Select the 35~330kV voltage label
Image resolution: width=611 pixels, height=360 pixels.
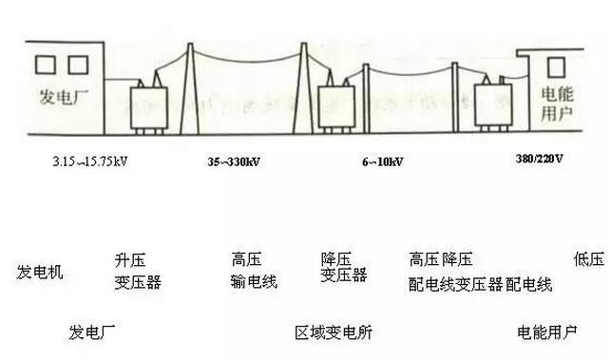point(235,161)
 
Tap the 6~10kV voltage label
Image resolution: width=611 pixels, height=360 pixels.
point(382,161)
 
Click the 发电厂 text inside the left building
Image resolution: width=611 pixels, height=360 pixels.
point(56,98)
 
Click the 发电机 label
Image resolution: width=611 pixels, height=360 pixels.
point(40,273)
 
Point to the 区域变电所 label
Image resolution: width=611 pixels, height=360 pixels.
point(334,332)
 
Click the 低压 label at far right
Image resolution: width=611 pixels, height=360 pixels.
point(588,259)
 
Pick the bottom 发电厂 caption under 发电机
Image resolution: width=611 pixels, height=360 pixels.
point(92,332)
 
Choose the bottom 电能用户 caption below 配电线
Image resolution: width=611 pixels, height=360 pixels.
point(546,332)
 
